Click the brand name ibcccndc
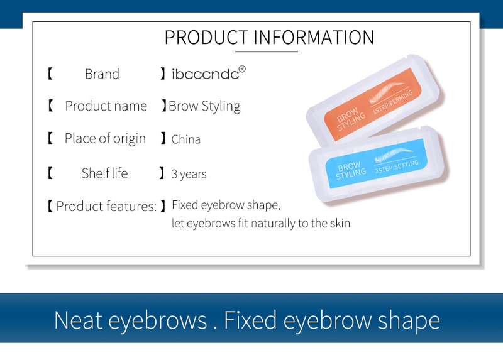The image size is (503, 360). click(x=205, y=74)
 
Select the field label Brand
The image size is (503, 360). click(x=102, y=74)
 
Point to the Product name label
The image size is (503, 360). click(x=106, y=106)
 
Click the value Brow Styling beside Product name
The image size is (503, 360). click(x=204, y=106)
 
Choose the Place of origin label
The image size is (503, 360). click(x=105, y=139)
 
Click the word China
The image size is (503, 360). click(x=186, y=139)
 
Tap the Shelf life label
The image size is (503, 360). click(x=104, y=173)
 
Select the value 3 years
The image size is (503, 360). click(x=189, y=173)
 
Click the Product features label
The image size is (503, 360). click(x=106, y=206)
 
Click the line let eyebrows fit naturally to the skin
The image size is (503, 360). click(x=260, y=223)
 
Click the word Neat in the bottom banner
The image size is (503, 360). click(x=78, y=320)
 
